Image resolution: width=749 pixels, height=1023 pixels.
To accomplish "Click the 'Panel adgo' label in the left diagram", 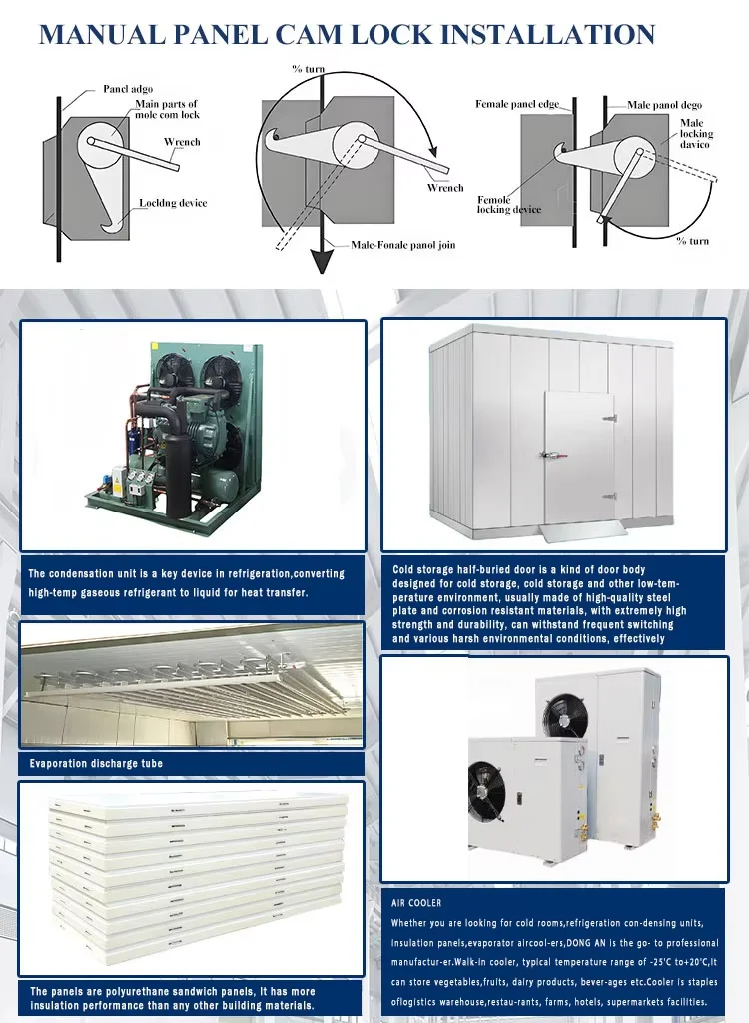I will [x=128, y=90].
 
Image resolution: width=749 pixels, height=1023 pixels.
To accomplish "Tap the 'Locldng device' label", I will [x=173, y=203].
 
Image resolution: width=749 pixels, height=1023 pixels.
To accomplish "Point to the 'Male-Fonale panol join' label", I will [x=402, y=245].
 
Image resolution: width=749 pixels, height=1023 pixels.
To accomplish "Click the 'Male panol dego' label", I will [x=664, y=104].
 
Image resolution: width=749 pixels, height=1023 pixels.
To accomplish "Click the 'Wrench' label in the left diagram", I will [x=182, y=142].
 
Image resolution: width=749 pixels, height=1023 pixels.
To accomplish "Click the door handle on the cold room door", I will [x=548, y=455].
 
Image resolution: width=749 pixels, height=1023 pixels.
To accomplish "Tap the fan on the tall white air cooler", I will [x=560, y=714].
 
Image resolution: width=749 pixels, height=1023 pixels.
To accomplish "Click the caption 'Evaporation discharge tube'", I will [x=96, y=763].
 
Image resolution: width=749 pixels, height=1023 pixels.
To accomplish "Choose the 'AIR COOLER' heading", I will [x=416, y=903].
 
